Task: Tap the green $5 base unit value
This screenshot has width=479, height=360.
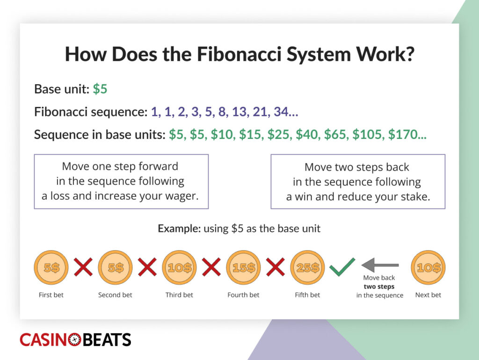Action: click(100, 89)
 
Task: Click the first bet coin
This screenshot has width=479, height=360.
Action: click(51, 268)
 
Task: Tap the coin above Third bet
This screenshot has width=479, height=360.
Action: click(179, 268)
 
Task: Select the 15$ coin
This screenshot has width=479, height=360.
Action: click(243, 268)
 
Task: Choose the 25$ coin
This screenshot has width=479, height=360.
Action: click(307, 268)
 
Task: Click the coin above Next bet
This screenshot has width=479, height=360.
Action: click(428, 268)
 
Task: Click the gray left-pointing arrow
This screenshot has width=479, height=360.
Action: click(380, 265)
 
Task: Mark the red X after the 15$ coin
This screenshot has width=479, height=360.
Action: click(276, 267)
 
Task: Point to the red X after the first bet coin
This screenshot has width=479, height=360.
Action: click(83, 267)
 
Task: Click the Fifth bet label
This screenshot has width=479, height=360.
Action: click(307, 295)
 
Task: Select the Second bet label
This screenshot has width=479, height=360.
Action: click(115, 295)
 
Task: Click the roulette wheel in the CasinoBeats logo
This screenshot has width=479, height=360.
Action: click(74, 340)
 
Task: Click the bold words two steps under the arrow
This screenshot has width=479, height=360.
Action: click(379, 287)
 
